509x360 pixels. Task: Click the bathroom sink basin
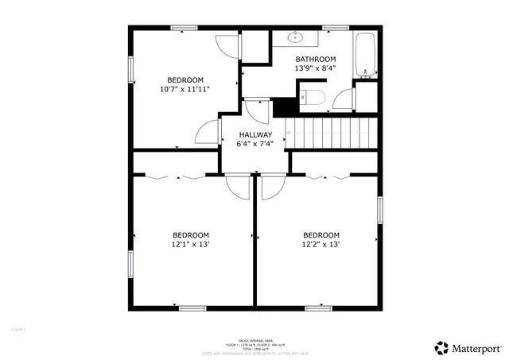pos(296,36)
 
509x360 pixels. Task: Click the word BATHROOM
pos(316,59)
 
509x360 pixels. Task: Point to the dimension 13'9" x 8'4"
pos(316,68)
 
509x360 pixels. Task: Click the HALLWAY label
pos(254,134)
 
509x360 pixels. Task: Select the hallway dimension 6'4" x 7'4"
pos(254,144)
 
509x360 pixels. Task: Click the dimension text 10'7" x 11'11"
pos(185,89)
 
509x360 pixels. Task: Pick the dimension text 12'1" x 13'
pos(191,245)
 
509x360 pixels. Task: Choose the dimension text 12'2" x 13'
pos(321,245)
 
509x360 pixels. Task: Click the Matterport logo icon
pos(441,346)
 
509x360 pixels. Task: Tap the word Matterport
pos(477,347)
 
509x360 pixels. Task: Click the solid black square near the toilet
pos(282,106)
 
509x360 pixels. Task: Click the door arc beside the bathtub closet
pos(344,99)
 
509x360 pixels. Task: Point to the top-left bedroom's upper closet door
pos(227,46)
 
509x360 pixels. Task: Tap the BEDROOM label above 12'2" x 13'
pos(321,235)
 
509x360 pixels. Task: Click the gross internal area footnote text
pos(254,343)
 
